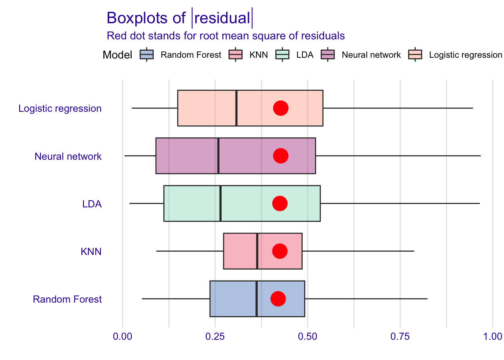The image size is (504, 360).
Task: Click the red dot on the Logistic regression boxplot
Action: (280, 108)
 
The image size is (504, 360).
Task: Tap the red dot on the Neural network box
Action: (280, 156)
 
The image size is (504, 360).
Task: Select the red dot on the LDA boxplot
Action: (280, 203)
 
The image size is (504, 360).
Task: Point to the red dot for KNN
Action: (279, 251)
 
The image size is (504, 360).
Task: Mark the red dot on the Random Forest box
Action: (278, 299)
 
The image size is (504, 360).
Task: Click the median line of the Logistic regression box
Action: (236, 108)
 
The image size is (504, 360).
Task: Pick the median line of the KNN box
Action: (257, 251)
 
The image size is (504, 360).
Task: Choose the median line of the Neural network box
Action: (218, 156)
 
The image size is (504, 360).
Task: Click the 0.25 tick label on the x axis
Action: (215, 336)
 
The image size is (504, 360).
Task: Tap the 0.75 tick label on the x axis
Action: (400, 336)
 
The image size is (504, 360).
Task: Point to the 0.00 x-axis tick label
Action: (123, 336)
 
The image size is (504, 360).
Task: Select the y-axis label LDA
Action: (92, 204)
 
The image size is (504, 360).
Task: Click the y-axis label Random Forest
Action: (67, 299)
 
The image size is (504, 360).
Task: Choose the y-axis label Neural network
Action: (68, 156)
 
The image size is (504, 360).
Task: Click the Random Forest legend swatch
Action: (147, 55)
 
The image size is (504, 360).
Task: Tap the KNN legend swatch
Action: (236, 55)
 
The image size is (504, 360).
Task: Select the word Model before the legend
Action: (117, 55)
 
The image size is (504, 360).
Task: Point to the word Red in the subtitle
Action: (114, 36)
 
